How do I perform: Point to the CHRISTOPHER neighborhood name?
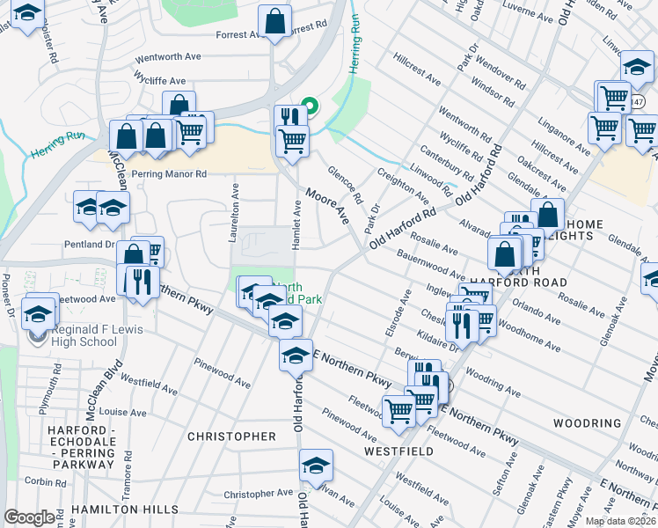coord(232,436)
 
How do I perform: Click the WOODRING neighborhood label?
coord(588,423)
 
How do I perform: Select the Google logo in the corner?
coord(29,517)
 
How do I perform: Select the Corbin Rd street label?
coord(40,480)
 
